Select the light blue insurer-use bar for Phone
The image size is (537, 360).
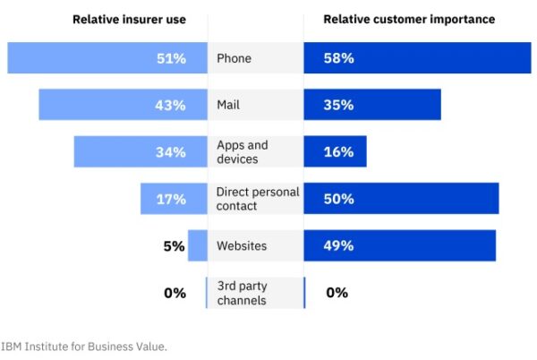point(107,59)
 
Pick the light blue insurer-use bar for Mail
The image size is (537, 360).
point(123,105)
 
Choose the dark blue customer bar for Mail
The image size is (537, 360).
point(372,105)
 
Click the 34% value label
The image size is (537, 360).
point(170,152)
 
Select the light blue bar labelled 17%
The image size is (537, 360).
point(174,199)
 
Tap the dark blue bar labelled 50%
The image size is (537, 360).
point(401,199)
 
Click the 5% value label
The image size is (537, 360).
point(174,245)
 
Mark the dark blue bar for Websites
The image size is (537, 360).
point(399,245)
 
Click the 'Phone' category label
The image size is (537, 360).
point(234,59)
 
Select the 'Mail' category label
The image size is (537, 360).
point(228,105)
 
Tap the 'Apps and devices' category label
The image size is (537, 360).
point(242,152)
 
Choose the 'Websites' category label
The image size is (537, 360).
point(242,245)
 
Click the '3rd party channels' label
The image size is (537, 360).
point(242,293)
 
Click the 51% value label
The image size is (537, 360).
point(170,59)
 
